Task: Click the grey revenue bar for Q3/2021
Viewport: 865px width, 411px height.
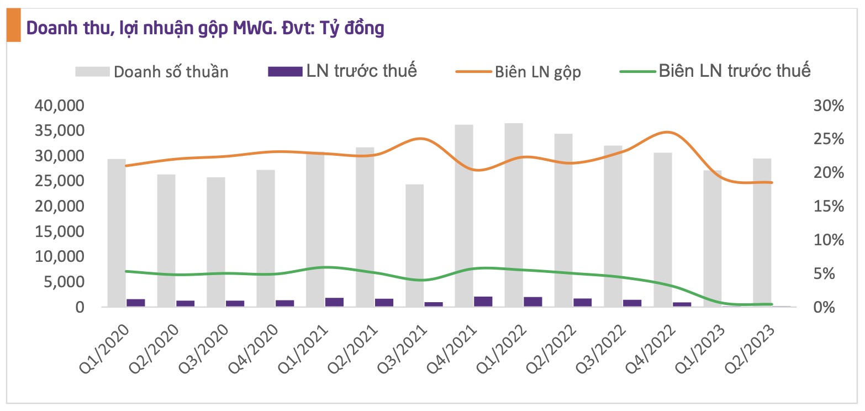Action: click(414, 243)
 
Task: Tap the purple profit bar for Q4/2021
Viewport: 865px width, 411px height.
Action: click(483, 302)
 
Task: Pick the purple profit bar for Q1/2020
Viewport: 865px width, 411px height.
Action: click(136, 303)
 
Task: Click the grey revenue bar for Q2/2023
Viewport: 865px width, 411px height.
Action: click(762, 232)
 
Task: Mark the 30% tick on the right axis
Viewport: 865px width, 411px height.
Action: click(829, 106)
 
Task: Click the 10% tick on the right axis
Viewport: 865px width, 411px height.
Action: click(829, 240)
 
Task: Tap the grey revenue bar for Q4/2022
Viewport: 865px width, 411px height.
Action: click(663, 226)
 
